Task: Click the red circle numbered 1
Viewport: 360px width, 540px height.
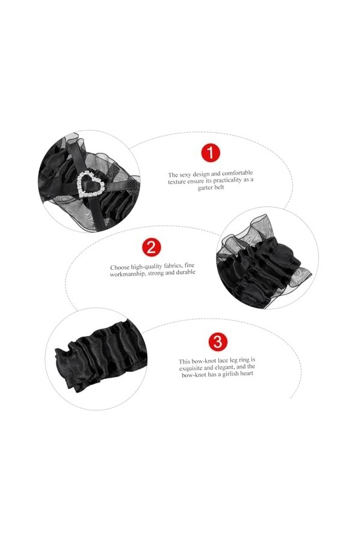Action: pos(210,153)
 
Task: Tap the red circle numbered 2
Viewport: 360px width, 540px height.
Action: pos(152,247)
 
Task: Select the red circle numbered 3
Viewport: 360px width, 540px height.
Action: pos(218,342)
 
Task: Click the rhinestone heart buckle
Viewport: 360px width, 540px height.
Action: pos(91,185)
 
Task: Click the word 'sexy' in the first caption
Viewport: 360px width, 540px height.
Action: pos(185,175)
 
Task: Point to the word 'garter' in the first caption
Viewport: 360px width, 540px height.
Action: pos(205,188)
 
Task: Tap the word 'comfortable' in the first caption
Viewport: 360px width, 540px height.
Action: pos(237,173)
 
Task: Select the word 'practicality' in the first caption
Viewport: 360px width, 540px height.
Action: pos(228,181)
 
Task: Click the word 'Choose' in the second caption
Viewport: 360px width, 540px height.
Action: pos(120,267)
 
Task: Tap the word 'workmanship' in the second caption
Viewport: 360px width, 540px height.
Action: pos(128,274)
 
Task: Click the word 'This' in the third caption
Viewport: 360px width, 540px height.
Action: pos(184,362)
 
